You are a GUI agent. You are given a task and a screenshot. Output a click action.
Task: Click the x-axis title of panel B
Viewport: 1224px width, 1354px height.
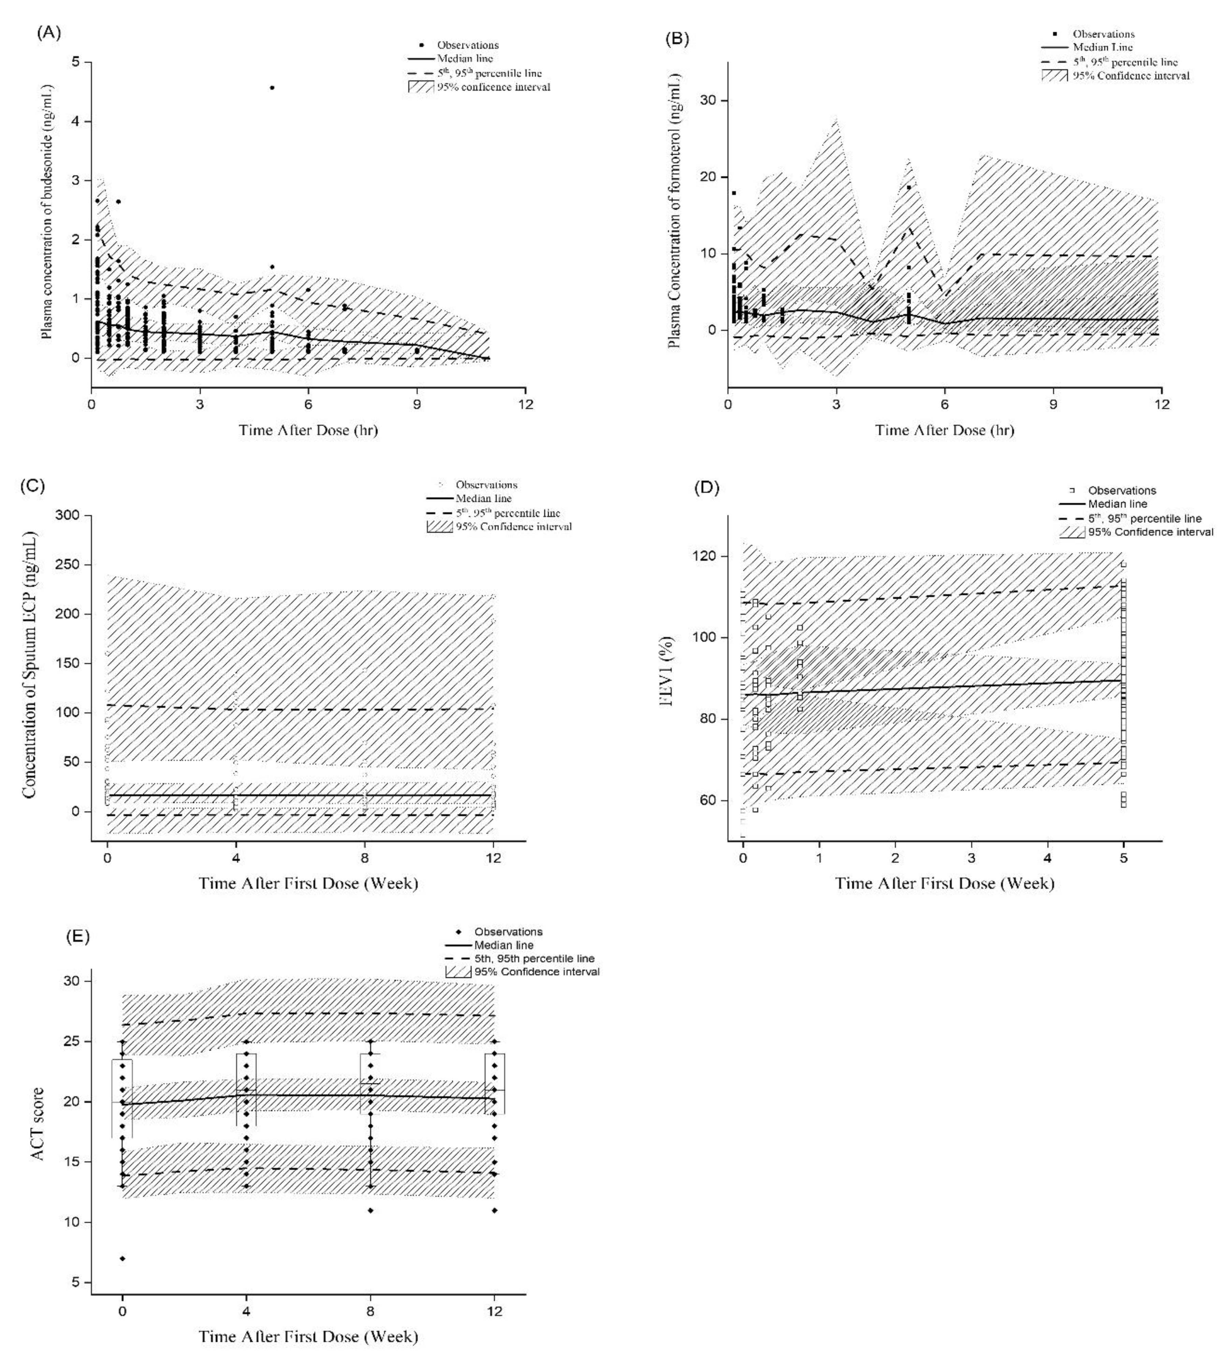[944, 430]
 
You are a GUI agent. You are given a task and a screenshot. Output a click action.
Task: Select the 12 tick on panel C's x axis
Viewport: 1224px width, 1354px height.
[494, 858]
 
